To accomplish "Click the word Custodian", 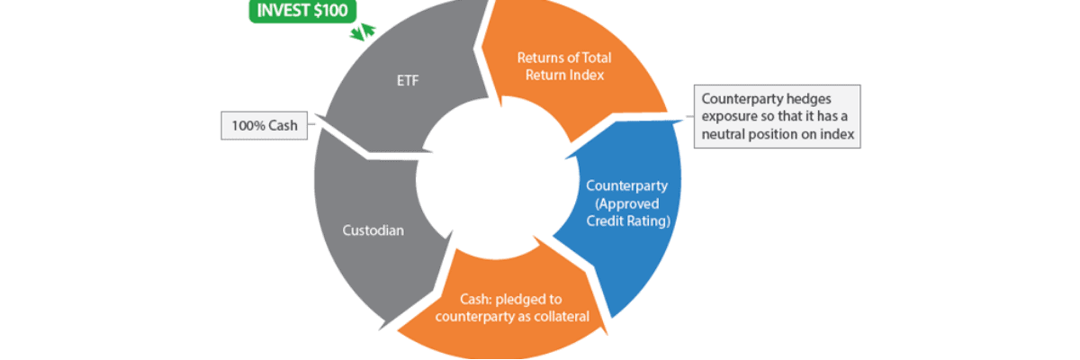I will pos(373,230).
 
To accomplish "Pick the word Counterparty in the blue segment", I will pos(626,186).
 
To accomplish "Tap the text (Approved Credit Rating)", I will pos(626,212).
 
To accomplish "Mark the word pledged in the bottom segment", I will pos(515,299).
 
